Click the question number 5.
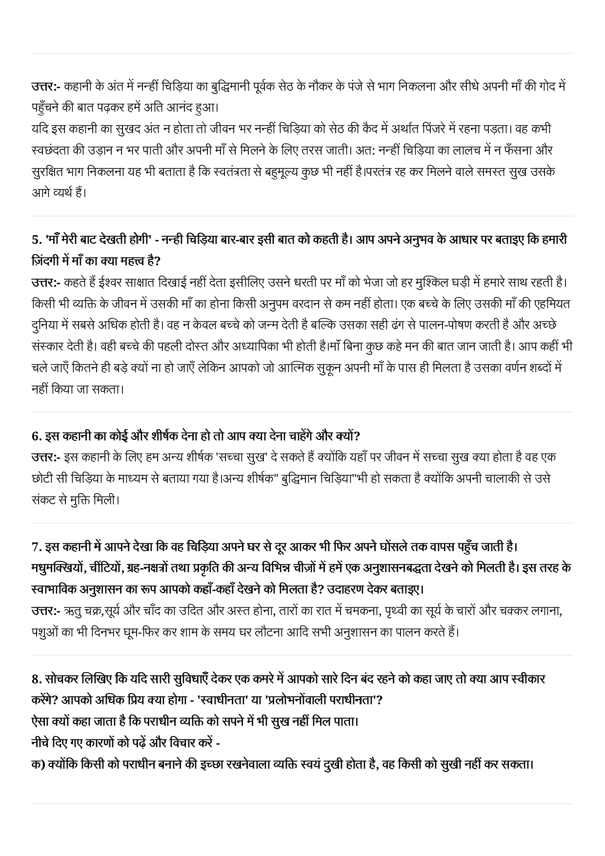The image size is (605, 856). tap(36, 240)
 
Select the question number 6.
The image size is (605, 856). tap(36, 436)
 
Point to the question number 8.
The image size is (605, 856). tap(36, 679)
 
